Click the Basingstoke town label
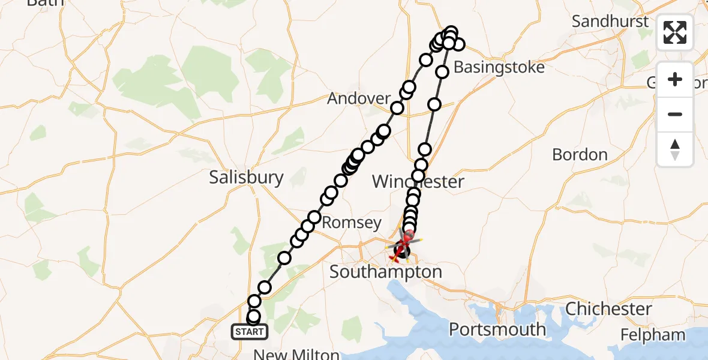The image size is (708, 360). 499,67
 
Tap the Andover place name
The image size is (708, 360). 359,98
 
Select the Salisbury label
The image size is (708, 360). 246,177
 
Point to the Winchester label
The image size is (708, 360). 418,182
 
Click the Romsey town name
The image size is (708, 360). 352,223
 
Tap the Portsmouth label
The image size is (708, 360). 497,329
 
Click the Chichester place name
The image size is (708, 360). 608,309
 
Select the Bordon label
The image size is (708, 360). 580,155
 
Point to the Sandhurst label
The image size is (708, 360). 610,22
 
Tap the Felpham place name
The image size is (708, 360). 653,334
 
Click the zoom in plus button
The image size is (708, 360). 675,79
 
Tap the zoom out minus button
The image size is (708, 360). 675,114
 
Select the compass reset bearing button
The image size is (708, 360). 675,149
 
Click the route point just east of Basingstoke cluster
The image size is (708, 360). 458,44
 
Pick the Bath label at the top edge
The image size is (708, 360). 46,2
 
